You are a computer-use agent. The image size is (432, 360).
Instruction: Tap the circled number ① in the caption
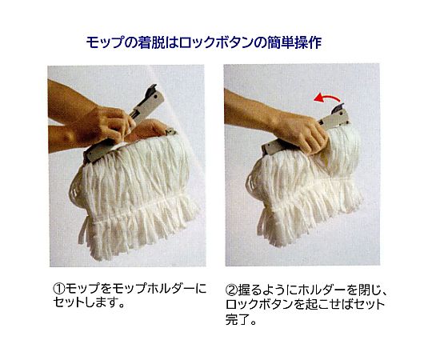[58, 289]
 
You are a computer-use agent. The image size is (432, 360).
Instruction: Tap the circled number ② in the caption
[232, 290]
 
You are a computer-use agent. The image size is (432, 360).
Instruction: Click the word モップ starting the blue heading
[104, 42]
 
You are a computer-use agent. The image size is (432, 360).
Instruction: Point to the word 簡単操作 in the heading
[294, 42]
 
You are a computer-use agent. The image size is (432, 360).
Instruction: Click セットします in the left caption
[82, 302]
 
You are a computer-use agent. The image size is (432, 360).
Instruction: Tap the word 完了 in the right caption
[238, 319]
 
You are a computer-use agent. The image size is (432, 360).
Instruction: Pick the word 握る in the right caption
[250, 290]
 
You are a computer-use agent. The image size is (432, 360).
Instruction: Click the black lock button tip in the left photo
[152, 89]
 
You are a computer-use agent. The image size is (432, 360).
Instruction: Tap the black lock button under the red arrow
[338, 107]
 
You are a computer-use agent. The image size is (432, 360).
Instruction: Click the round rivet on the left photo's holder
[156, 98]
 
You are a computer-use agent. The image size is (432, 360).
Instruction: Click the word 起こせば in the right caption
[328, 304]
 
